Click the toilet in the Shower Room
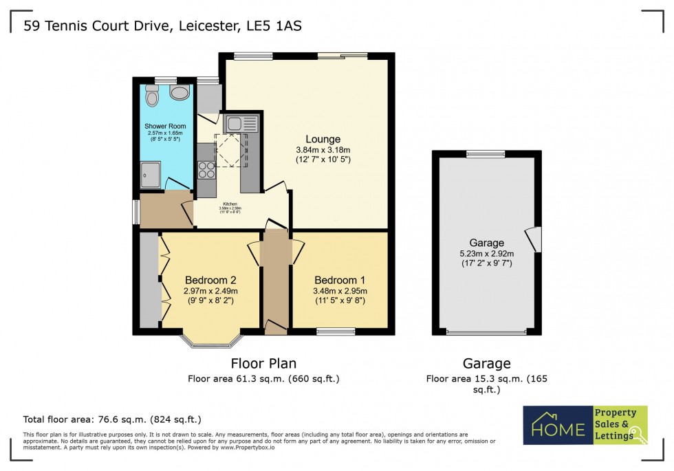pyautogui.click(x=152, y=97)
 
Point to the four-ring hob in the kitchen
pyautogui.click(x=206, y=169)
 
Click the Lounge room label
pyautogui.click(x=323, y=140)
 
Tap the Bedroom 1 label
pyautogui.click(x=340, y=281)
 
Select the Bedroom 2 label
pyautogui.click(x=210, y=281)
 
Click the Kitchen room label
pyautogui.click(x=230, y=204)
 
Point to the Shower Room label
pyautogui.click(x=165, y=126)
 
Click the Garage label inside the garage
pyautogui.click(x=487, y=243)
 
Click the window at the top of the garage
pyautogui.click(x=486, y=153)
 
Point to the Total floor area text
pyautogui.click(x=112, y=419)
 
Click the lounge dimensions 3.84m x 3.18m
pyautogui.click(x=323, y=151)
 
